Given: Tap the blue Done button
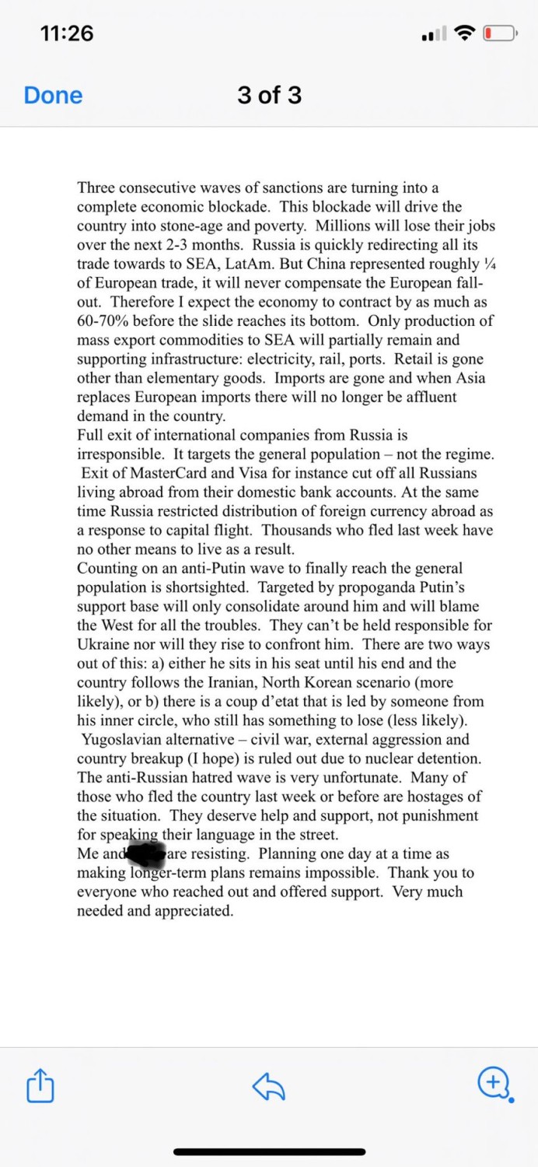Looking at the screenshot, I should click(x=53, y=95).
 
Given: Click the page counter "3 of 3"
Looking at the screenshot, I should click(x=269, y=95).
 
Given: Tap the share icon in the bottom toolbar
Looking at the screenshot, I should click(x=40, y=1085).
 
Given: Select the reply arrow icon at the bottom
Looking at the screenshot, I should click(x=269, y=1085).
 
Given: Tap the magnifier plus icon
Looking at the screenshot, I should click(x=495, y=1084).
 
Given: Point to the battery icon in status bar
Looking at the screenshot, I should click(x=499, y=33).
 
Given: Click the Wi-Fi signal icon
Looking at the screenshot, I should click(x=465, y=33).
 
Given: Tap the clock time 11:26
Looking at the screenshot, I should click(x=66, y=33).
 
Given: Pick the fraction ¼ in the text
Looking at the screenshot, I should click(x=489, y=264).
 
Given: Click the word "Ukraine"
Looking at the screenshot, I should click(x=106, y=645).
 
